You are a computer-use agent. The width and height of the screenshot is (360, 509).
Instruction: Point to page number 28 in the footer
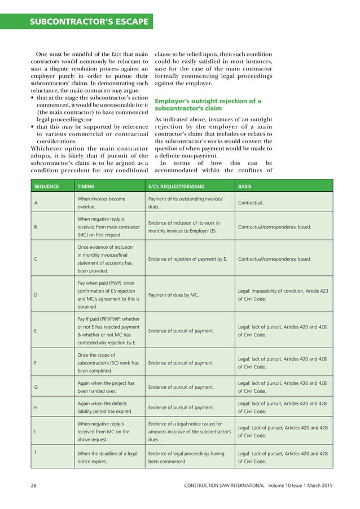[x=34, y=485]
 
